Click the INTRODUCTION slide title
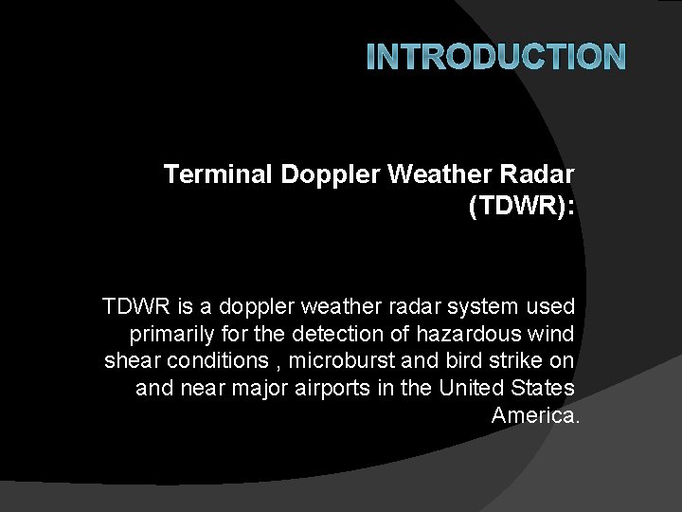coord(495,59)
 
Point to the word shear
coord(130,361)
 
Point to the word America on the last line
coord(531,415)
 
